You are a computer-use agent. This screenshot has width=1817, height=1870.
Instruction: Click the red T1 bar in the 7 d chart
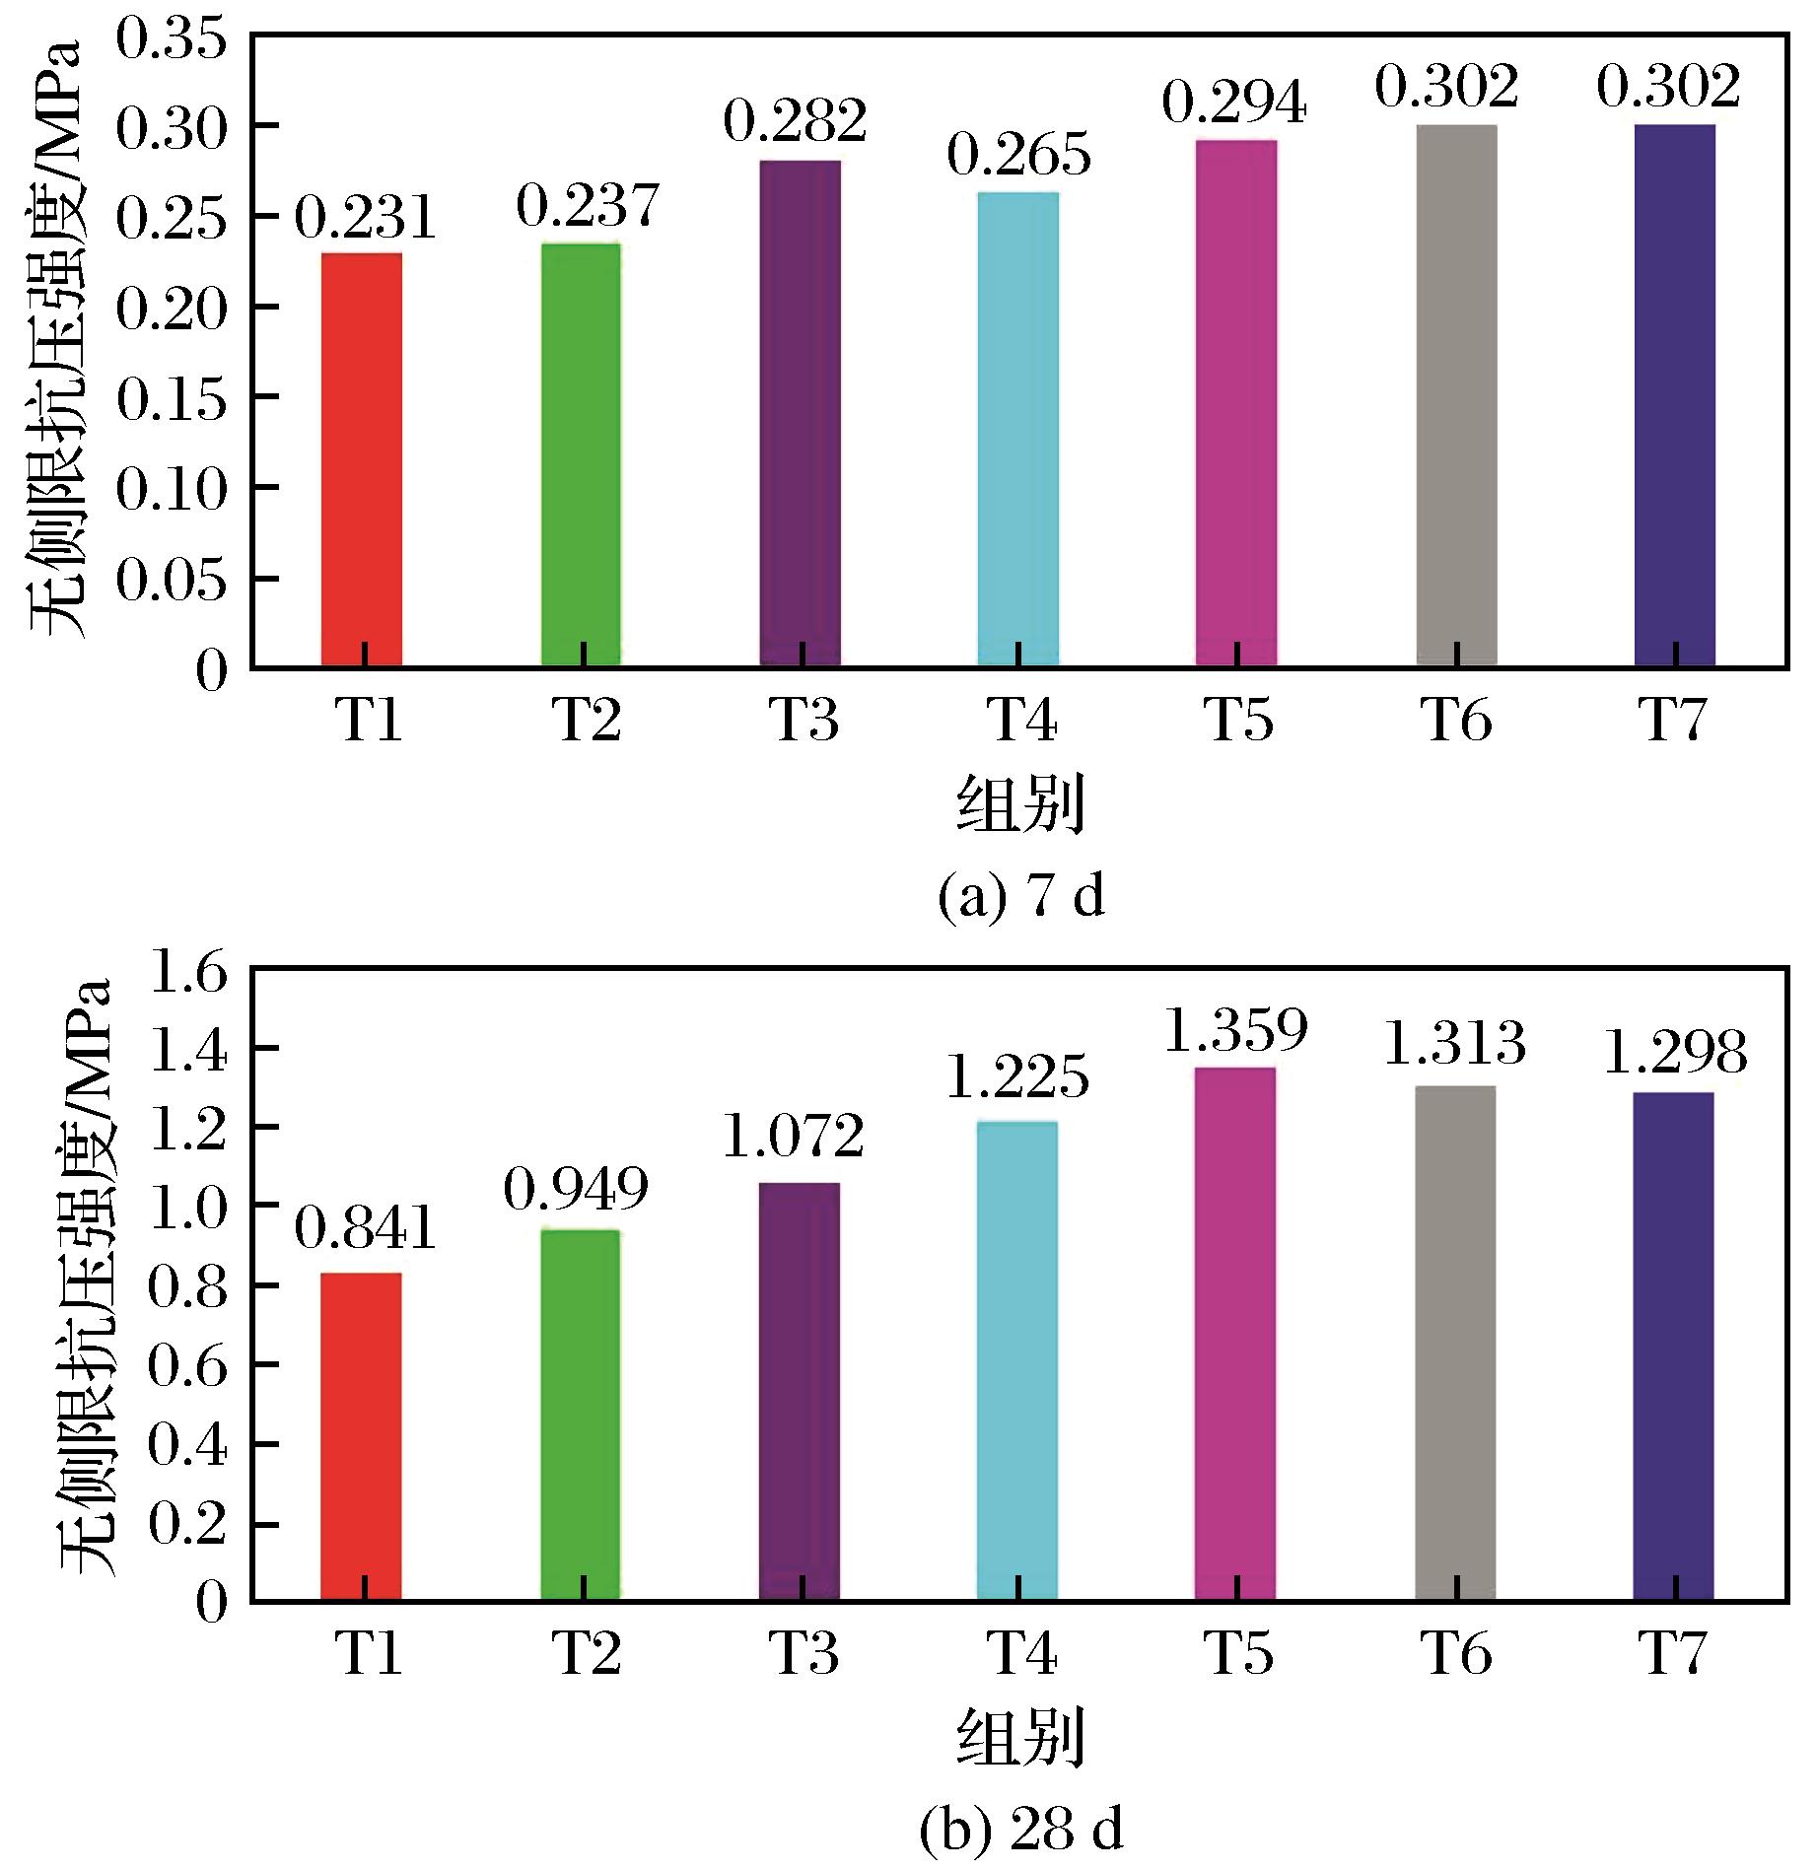[x=362, y=459]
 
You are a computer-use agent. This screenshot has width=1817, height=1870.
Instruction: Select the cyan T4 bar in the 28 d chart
[x=1017, y=1360]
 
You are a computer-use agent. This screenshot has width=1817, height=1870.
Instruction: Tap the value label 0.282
[x=796, y=120]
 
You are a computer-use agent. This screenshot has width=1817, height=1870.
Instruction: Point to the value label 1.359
[x=1235, y=1029]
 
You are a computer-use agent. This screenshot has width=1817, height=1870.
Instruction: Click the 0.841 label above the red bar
[x=365, y=1229]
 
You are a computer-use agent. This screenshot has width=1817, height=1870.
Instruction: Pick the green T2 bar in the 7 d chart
[x=582, y=454]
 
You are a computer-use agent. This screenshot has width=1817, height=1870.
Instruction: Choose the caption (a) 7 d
[x=1020, y=897]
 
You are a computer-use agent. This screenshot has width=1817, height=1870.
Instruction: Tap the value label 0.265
[x=1019, y=155]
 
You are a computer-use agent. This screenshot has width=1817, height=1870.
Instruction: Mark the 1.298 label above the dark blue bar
[x=1675, y=1053]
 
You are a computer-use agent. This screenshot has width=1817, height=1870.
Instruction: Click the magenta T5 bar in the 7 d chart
[x=1236, y=403]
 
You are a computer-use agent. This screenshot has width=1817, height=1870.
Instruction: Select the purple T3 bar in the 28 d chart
[x=800, y=1391]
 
